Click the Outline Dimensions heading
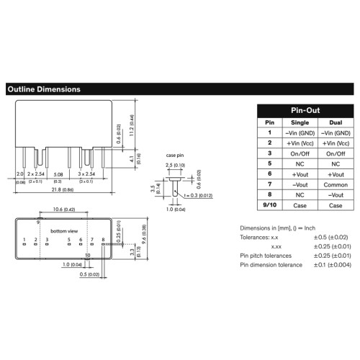pos(44,89)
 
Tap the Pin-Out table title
pos(305,110)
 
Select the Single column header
pos(300,122)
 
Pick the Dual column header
pos(336,122)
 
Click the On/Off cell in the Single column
pos(300,153)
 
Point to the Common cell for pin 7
pos(336,185)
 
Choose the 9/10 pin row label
pos(270,205)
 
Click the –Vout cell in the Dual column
pos(336,195)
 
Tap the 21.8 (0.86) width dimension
pos(63,189)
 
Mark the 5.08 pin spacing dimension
pos(58,174)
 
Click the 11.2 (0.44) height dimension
pos(132,125)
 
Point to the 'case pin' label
pos(175,156)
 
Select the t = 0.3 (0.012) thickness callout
pos(198,196)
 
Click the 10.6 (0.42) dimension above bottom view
pos(64,210)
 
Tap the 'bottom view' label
pos(64,231)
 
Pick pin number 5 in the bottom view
pos(69,240)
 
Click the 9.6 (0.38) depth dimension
pos(144,234)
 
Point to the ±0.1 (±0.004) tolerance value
pos(333,265)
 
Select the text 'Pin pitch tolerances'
pos(266,256)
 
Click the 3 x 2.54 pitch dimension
pos(86,174)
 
